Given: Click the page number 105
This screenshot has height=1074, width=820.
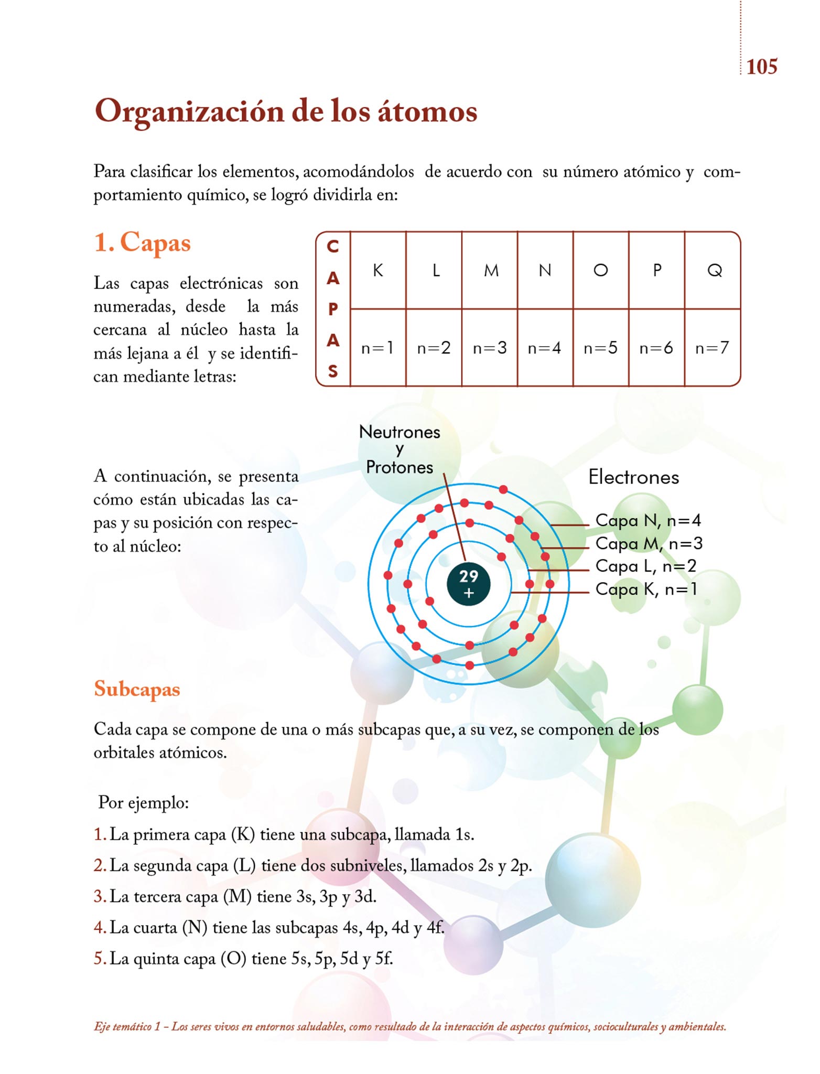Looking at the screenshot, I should point(761,67).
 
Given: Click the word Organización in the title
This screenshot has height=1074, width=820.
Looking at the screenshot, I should point(189,112).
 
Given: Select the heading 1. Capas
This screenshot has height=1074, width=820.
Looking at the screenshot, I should point(142,243).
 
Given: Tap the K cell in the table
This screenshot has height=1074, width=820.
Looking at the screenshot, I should point(377,271).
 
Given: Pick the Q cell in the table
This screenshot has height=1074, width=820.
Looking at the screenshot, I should point(714,271).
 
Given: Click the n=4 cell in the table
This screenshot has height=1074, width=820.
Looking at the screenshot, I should point(544,348).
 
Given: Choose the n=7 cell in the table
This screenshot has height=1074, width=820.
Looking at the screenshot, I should point(712,348).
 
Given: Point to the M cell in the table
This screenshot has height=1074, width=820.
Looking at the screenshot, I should point(491,271).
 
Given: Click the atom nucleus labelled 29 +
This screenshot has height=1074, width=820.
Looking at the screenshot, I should point(469,584).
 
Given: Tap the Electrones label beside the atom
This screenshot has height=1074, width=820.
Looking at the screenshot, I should point(633,477).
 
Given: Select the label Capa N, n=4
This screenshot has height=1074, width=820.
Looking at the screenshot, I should point(648,520).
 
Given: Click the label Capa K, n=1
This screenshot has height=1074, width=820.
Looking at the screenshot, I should point(646,589).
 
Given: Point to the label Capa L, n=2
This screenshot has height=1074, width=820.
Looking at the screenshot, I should point(646,566).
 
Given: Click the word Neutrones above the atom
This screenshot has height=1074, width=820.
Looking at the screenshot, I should point(400,432).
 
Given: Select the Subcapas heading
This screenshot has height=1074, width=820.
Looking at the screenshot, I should point(137,689).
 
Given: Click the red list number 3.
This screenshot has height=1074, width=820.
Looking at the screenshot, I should point(99,896).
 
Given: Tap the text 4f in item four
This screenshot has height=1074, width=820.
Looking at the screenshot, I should point(435,927).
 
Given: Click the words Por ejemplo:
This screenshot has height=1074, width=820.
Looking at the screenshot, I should point(144,803).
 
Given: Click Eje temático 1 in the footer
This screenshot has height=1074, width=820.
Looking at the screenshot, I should point(127,1026).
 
